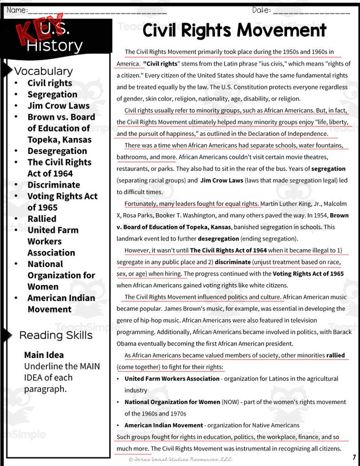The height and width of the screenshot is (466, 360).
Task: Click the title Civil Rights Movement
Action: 234,31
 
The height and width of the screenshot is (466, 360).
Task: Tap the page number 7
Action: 354,457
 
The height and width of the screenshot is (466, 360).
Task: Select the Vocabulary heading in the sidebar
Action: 43,71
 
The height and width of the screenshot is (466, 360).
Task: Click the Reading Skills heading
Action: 56,335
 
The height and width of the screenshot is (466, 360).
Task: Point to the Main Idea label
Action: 44,355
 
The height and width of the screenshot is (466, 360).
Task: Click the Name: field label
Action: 17,10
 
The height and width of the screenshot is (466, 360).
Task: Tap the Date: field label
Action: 261,10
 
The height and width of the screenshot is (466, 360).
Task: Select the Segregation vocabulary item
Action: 52,94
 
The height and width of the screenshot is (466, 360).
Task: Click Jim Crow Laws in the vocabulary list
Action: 58,106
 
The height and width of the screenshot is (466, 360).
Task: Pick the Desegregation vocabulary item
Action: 57,151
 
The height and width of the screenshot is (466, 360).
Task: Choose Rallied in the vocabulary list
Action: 42,219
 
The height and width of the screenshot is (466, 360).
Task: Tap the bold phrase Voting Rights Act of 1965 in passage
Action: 308,273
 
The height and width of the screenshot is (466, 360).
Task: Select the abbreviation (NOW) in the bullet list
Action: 230,402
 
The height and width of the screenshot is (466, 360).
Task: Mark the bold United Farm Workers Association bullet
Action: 172,379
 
